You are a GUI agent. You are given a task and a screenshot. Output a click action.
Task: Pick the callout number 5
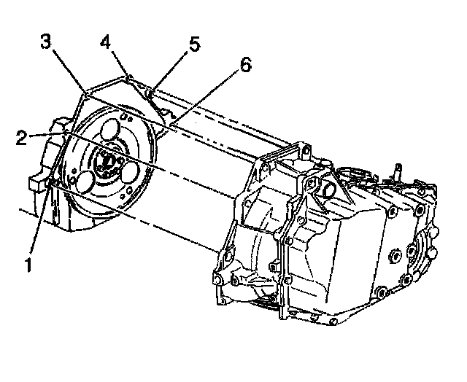193,44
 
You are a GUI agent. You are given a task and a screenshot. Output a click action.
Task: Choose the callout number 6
244,66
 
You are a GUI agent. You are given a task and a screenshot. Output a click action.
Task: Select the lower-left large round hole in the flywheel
84,182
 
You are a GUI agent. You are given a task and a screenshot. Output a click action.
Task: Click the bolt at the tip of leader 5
150,93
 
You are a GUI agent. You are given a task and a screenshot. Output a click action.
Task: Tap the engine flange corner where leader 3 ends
86,94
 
